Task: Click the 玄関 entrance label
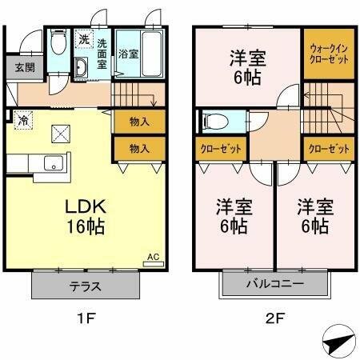[x=18, y=67]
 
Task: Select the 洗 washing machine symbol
[x=84, y=38]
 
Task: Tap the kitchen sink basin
[x=54, y=166]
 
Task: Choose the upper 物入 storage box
[x=139, y=122]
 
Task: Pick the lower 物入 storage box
[x=139, y=148]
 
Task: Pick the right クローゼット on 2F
[x=328, y=150]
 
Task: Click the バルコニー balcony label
[x=274, y=284]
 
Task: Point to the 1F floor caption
[x=86, y=318]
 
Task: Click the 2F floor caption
[x=274, y=318]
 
